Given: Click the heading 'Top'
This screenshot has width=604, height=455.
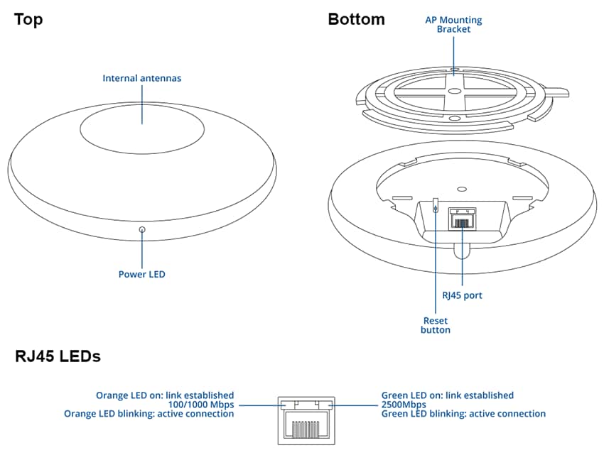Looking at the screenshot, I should (28, 19).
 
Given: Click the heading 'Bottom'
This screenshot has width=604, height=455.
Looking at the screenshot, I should (356, 19).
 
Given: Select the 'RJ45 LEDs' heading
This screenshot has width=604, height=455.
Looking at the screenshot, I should (58, 356).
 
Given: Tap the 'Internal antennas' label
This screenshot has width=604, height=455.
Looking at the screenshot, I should (142, 78).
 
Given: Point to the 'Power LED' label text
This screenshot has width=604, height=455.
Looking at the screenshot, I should (142, 274).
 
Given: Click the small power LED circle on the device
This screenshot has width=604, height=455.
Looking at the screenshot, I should (142, 230).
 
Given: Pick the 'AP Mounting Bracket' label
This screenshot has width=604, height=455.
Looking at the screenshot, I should (453, 24).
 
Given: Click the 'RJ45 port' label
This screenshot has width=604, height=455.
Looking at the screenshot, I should (462, 295).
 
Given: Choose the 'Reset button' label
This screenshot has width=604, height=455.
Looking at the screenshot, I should (436, 325).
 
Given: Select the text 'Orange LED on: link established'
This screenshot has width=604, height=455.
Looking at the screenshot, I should (165, 395).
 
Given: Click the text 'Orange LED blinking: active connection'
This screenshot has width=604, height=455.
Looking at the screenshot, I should (149, 414).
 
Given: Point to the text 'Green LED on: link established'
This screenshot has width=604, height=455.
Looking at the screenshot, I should (448, 395).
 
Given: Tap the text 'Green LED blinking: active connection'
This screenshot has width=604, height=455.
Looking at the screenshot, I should (464, 414).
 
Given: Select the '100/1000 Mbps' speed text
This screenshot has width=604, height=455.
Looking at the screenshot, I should (201, 405).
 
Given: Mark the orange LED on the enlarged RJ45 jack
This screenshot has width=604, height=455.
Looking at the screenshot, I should (286, 405).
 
